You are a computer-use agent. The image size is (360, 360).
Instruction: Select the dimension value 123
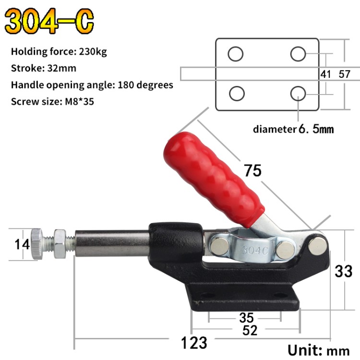coord(194,343)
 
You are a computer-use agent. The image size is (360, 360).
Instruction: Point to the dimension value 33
coord(344,271)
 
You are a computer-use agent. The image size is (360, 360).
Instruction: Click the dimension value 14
coord(22,244)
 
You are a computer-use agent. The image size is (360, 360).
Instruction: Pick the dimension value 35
coord(246,318)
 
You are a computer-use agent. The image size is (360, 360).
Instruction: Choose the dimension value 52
coord(250,330)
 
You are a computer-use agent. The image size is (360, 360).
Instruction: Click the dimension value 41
coord(326,74)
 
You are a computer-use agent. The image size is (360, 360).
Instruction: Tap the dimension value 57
coord(345,74)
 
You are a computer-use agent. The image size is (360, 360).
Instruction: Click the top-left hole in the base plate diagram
coord(235,54)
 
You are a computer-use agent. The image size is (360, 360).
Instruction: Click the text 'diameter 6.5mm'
coord(293,129)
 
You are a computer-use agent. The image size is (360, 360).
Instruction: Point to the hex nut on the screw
coord(61,240)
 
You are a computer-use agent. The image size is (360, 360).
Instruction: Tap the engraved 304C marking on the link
coord(254,250)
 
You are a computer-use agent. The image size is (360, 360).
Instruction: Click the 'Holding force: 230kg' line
coord(59,51)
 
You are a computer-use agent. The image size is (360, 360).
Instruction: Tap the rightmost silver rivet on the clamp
coord(317,246)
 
